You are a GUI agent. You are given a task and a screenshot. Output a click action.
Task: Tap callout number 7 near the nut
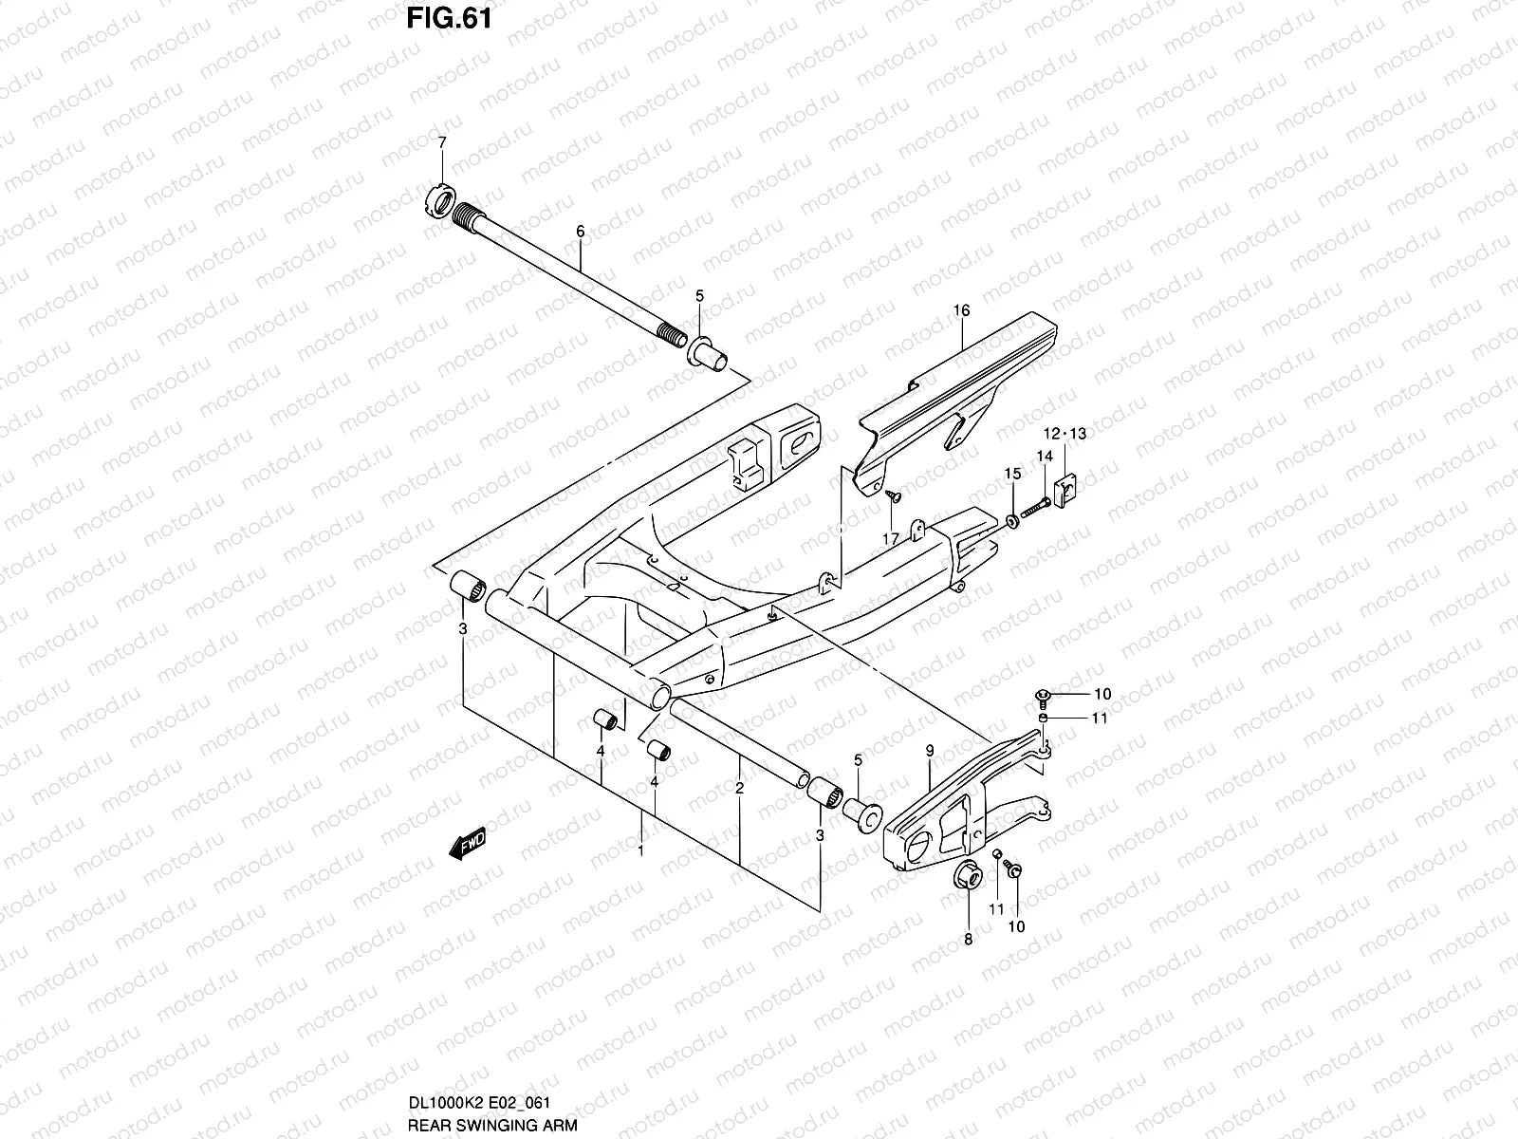tap(440, 142)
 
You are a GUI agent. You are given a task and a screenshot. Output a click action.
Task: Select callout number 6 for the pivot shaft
tap(580, 231)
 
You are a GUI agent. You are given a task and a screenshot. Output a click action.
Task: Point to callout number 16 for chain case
tap(961, 310)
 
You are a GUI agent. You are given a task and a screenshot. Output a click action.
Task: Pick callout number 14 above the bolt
tap(1044, 457)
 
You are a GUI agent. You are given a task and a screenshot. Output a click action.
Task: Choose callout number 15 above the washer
tap(1012, 473)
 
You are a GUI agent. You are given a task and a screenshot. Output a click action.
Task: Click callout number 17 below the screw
tap(890, 538)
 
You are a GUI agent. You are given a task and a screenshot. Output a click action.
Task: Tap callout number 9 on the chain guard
tap(930, 751)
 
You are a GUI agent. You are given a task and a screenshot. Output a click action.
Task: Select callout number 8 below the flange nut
tap(968, 940)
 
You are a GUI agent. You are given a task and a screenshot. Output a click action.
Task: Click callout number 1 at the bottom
tap(641, 850)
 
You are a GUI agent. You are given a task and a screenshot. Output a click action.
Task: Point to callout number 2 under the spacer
tap(739, 788)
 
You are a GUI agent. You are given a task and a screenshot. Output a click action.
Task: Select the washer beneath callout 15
tap(1011, 520)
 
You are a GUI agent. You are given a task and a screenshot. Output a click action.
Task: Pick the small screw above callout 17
tap(892, 495)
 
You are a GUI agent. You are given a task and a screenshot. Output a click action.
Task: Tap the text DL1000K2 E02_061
tap(479, 1103)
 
